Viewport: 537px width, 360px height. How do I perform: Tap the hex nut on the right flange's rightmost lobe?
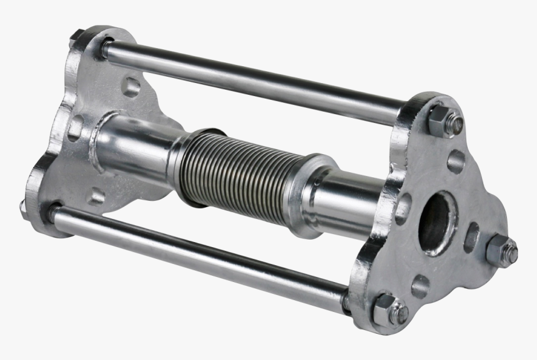[501, 251]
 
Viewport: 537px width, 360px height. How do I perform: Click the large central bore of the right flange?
[436, 223]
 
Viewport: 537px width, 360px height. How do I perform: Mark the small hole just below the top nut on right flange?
[456, 161]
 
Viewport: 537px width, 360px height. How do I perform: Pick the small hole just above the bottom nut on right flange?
[420, 286]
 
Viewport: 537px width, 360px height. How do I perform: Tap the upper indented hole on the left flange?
[131, 86]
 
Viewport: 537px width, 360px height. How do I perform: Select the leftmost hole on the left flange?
[74, 128]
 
